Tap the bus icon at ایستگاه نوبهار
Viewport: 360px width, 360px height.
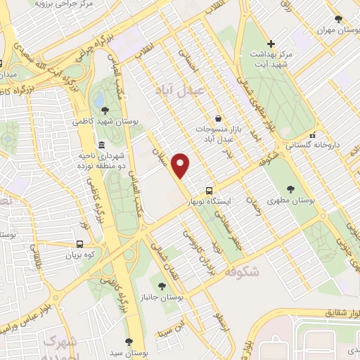(x=210, y=191)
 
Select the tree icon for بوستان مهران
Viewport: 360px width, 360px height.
(x=338, y=19)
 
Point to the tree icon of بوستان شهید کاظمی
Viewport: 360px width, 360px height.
(x=105, y=110)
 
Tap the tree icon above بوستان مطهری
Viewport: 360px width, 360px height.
(x=290, y=188)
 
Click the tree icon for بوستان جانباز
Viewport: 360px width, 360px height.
(x=163, y=285)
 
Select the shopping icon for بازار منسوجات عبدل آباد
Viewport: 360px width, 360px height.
(x=219, y=119)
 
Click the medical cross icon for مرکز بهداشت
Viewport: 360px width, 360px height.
(x=271, y=44)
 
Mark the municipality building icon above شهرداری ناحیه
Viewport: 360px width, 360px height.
(x=102, y=144)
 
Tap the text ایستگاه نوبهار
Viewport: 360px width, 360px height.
(x=209, y=202)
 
